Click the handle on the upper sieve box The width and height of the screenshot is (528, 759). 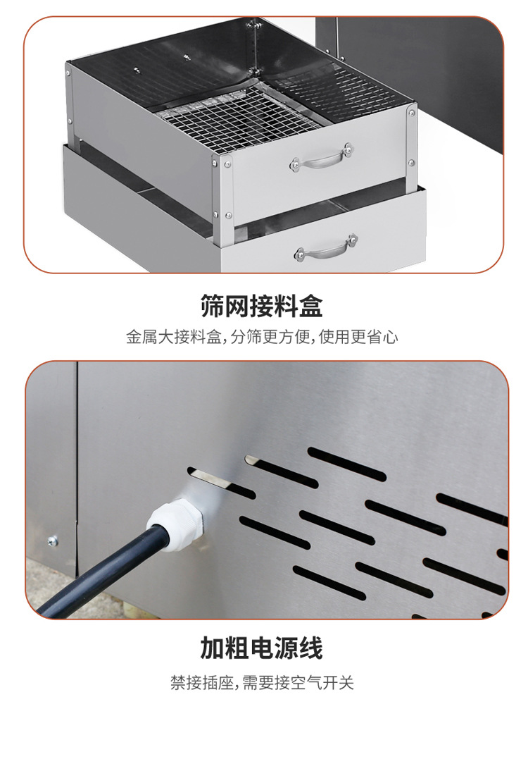click(x=322, y=158)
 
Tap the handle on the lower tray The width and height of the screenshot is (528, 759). click(x=327, y=248)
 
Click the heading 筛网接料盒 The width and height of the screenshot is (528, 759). click(x=262, y=305)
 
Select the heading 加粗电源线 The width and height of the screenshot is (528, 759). click(x=262, y=648)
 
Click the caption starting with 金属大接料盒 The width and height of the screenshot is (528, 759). click(x=262, y=337)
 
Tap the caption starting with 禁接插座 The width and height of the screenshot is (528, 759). click(x=262, y=682)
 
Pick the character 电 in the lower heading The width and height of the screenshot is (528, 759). click(x=262, y=648)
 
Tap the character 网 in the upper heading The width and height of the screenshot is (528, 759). click(x=237, y=305)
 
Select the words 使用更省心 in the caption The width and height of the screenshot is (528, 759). click(x=358, y=337)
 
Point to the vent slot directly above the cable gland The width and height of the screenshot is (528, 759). click(x=221, y=483)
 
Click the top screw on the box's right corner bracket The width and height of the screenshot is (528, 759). click(x=412, y=113)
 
